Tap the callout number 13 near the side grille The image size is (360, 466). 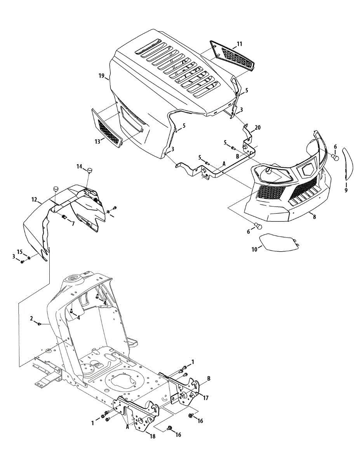[x=97, y=142]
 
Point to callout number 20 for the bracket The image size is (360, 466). [x=258, y=128]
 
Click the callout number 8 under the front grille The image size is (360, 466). [x=314, y=217]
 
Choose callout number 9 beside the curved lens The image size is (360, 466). [x=346, y=190]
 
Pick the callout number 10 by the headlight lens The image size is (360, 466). [x=254, y=250]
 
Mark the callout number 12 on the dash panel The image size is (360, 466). [x=34, y=200]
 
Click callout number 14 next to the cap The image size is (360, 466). [x=79, y=167]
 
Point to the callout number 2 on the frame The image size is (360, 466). [x=31, y=318]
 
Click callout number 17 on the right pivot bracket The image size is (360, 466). [x=206, y=398]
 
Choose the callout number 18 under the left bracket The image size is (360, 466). [x=153, y=436]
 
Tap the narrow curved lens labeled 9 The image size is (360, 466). [x=348, y=163]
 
